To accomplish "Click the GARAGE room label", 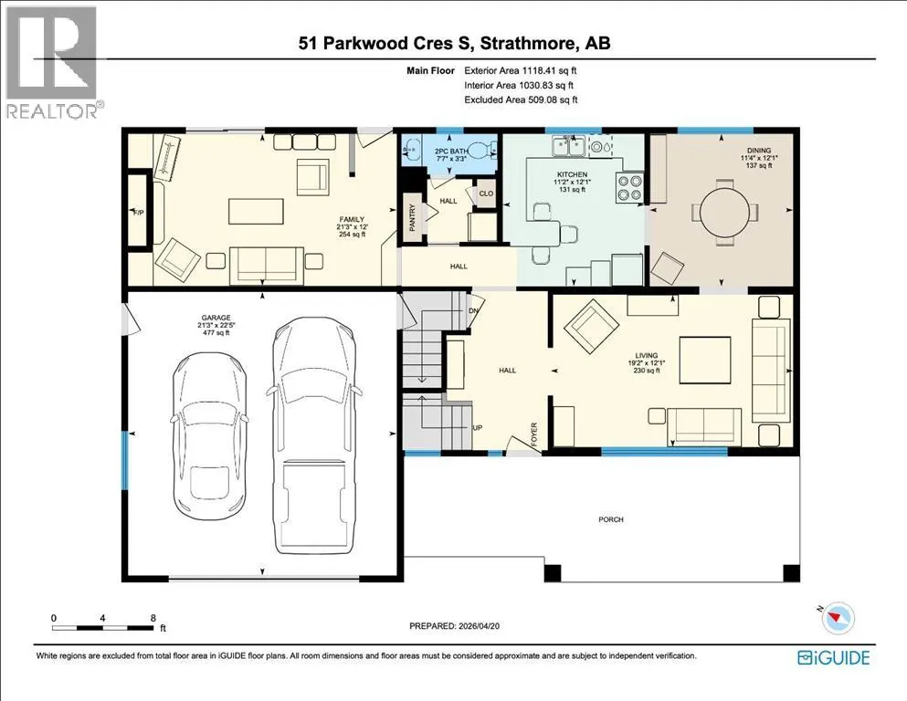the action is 216,318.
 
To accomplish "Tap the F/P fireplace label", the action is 138,213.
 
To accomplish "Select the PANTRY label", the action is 413,218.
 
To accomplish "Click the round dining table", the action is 725,212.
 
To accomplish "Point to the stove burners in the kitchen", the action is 630,187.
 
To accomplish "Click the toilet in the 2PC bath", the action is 481,151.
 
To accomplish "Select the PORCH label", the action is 611,519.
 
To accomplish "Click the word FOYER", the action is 534,434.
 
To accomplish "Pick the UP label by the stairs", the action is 477,428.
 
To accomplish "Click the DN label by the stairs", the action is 474,311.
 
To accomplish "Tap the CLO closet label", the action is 486,193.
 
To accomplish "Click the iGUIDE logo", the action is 834,658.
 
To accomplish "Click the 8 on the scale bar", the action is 153,618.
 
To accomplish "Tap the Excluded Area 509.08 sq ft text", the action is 522,100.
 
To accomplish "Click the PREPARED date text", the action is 454,625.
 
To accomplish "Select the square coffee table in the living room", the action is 705,360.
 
